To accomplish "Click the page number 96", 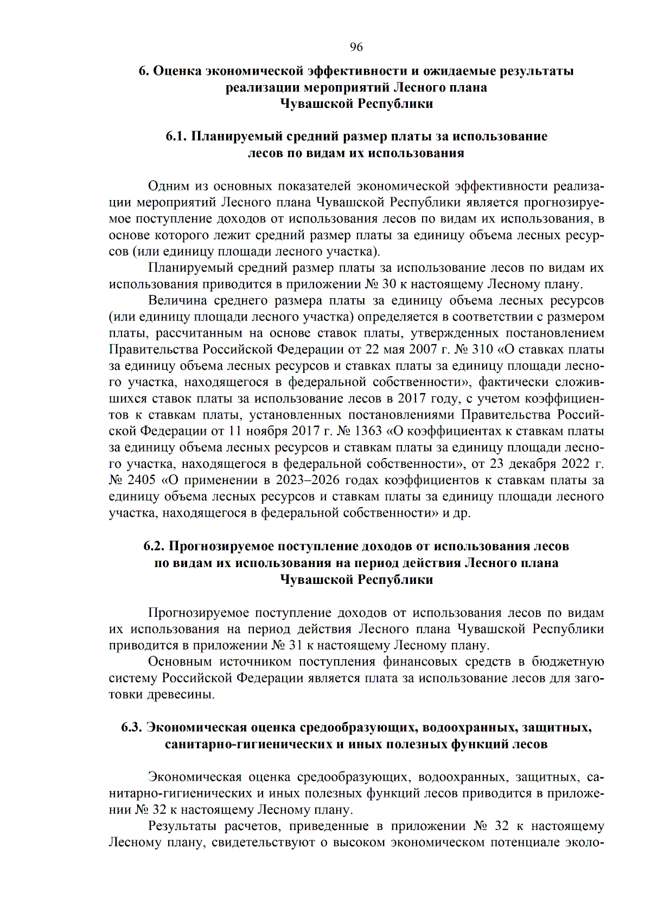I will pyautogui.click(x=356, y=47).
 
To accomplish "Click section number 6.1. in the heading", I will pyautogui.click(x=176, y=137).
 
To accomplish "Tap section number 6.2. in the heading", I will pyautogui.click(x=154, y=546).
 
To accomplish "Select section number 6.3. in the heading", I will pyautogui.click(x=132, y=728).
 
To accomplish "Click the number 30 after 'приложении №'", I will pyautogui.click(x=389, y=284).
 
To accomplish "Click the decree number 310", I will pyautogui.click(x=482, y=350).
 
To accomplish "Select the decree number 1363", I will pyautogui.click(x=368, y=432).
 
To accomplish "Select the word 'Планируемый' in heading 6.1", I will pyautogui.click(x=235, y=137).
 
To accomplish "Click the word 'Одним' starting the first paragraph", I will pyautogui.click(x=168, y=186).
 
